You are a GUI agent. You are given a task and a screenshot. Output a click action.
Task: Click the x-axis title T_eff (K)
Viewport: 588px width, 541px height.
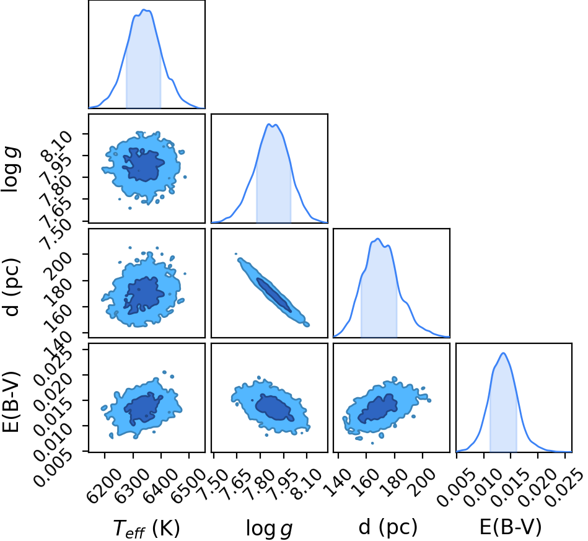[x=146, y=528]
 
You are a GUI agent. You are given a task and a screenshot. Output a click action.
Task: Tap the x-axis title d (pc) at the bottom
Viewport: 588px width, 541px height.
[x=388, y=527]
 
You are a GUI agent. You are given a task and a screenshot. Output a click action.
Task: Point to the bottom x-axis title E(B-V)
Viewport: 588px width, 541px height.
[x=511, y=527]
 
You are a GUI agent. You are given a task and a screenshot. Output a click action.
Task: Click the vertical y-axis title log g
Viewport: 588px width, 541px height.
[x=11, y=170]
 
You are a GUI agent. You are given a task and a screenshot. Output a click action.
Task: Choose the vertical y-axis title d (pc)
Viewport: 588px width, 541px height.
[x=11, y=287]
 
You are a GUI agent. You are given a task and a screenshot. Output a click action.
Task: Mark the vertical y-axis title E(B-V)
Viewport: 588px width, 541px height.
[x=11, y=402]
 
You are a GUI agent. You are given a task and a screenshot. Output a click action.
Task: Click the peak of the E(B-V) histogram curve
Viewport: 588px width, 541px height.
[x=503, y=353]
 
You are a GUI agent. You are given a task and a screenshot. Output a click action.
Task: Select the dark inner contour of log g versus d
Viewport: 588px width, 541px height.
[x=274, y=295]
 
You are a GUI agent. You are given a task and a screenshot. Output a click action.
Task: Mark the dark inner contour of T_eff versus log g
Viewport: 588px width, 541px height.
[x=143, y=165]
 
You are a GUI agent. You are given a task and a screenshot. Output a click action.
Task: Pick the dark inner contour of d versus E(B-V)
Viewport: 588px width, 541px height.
[x=377, y=408]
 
